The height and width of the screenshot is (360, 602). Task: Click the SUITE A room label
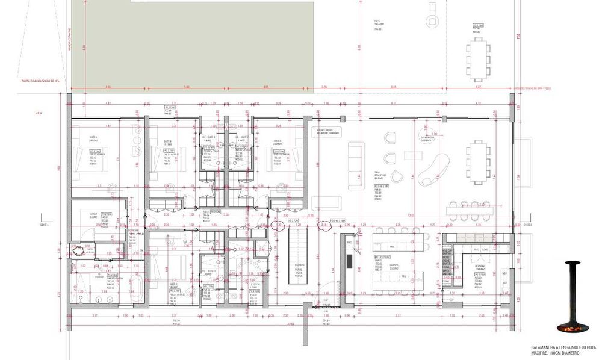(x=93, y=137)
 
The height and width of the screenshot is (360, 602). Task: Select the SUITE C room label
(x=278, y=143)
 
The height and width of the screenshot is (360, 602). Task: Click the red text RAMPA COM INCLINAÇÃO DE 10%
(x=40, y=80)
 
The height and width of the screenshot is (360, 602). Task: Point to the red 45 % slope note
(x=40, y=113)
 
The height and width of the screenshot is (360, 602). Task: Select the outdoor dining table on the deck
(x=479, y=58)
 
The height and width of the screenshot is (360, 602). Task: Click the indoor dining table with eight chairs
(x=479, y=162)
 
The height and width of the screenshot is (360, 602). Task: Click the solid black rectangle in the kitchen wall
(x=349, y=260)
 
